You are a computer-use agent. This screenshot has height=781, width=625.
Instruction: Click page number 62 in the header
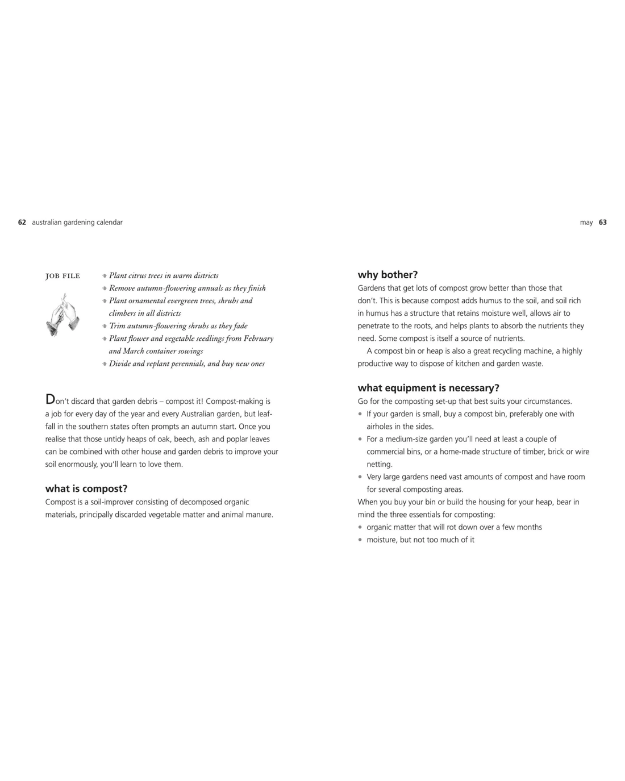point(22,223)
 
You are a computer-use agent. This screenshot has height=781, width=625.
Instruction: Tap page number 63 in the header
point(603,223)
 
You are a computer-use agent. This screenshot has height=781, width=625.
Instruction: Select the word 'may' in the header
point(586,223)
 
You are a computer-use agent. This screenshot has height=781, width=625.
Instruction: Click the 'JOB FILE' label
point(63,276)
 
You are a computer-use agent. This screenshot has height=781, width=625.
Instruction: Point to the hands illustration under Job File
point(62,315)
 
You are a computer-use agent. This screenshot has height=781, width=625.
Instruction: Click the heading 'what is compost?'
point(86,488)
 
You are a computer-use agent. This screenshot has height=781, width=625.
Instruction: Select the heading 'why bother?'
point(388,275)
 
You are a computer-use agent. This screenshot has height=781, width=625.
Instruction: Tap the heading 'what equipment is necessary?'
point(428,388)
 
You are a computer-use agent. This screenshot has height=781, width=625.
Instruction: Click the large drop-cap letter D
point(50,399)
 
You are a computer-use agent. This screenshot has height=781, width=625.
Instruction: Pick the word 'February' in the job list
point(259,339)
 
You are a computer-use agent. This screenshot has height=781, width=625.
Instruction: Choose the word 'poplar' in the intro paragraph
point(237,439)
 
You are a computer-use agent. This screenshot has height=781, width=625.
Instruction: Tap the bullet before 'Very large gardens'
point(360,477)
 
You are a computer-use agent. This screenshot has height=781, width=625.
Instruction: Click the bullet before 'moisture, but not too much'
point(360,540)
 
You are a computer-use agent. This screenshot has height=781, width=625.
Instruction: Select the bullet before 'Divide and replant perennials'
point(105,364)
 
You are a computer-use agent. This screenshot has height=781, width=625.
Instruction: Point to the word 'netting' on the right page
point(379,464)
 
